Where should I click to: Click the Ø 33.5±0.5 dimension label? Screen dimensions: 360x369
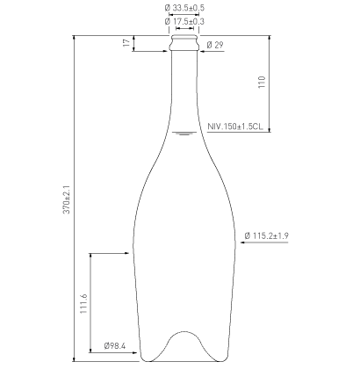(x=184, y=8)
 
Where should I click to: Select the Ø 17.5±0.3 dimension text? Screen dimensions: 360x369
(x=184, y=21)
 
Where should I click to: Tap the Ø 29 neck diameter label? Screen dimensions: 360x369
(x=215, y=45)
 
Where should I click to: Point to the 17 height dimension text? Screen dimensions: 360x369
(x=126, y=43)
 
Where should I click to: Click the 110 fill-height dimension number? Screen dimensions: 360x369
(x=262, y=82)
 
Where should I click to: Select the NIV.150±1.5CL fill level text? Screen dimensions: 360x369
(x=235, y=127)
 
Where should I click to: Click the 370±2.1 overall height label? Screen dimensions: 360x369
(x=67, y=199)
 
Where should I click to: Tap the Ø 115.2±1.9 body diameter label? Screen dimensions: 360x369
(x=266, y=235)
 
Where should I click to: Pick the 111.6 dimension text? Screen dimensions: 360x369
(x=84, y=303)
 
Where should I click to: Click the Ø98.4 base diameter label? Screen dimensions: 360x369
(x=115, y=346)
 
